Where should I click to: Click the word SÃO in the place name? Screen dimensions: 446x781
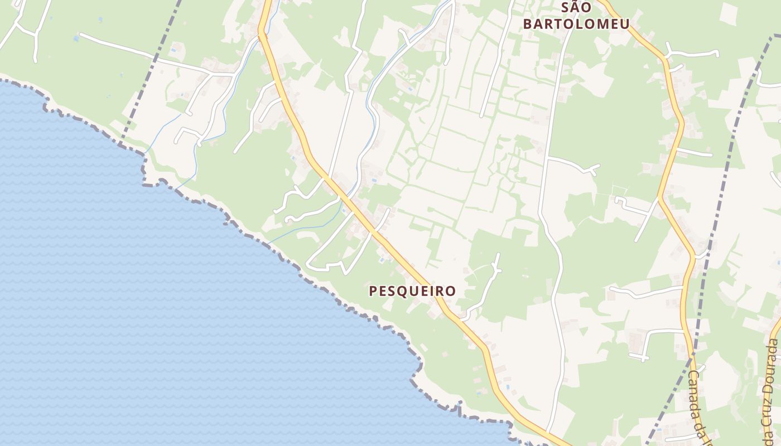pyautogui.click(x=576, y=8)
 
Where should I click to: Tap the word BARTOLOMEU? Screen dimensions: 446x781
pyautogui.click(x=576, y=24)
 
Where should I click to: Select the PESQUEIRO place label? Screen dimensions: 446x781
pyautogui.click(x=412, y=291)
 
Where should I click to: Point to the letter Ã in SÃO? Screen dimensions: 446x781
pyautogui.click(x=576, y=7)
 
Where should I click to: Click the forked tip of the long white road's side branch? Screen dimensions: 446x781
pyautogui.click(x=596, y=168)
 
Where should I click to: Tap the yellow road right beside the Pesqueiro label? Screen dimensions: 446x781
pyautogui.click(x=441, y=301)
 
